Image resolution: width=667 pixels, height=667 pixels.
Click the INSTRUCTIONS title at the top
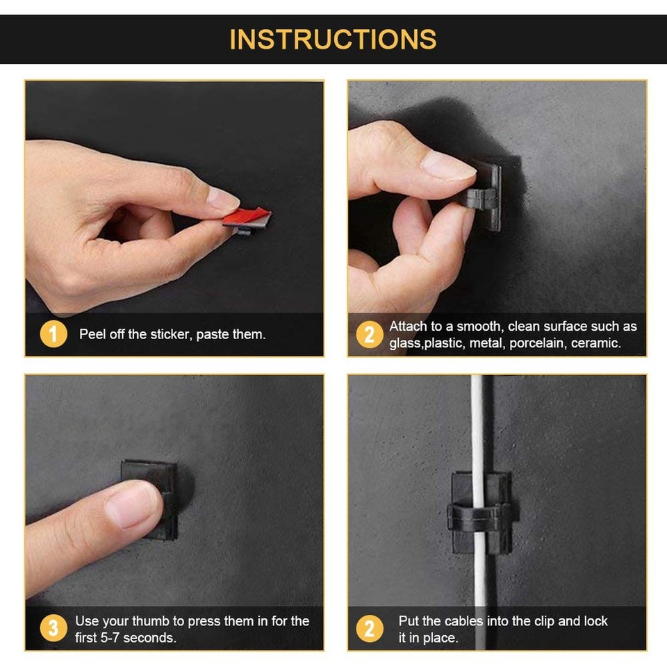333,39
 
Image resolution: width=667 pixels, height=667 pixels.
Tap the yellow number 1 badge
53,334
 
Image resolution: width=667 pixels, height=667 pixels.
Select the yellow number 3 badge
53,629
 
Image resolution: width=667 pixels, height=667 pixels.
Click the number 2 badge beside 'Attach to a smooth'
369,334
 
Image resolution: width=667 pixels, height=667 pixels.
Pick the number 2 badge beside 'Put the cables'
369,629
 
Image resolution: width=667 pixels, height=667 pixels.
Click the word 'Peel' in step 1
92,335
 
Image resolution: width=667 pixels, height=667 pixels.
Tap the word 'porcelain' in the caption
536,343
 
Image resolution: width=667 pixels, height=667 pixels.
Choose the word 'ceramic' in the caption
595,343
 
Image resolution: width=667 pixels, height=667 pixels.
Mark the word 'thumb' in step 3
154,621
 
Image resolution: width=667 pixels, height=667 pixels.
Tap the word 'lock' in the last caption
593,621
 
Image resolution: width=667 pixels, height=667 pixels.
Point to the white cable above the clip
477,424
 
